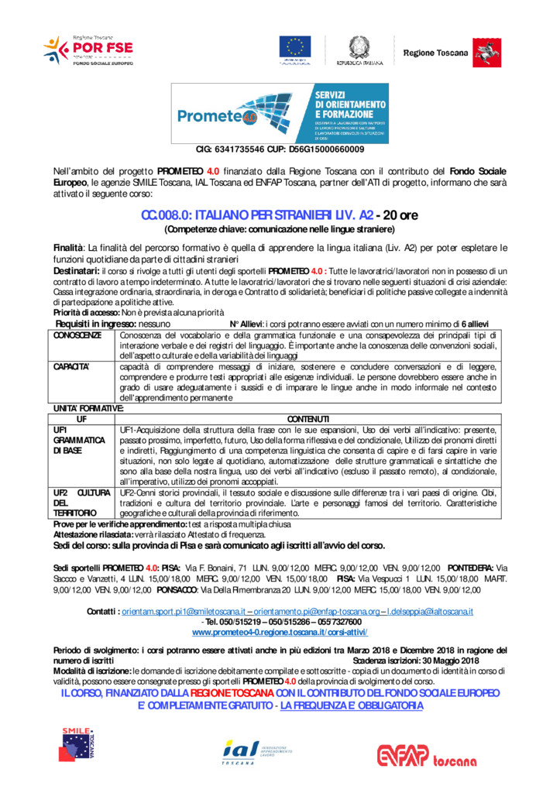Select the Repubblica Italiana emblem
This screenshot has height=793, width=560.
tap(359, 50)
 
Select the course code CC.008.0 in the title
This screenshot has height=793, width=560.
tap(166, 215)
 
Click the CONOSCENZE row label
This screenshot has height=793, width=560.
tap(77, 335)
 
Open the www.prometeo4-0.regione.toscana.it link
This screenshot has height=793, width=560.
tap(280, 632)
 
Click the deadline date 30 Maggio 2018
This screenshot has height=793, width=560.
tap(452, 660)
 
